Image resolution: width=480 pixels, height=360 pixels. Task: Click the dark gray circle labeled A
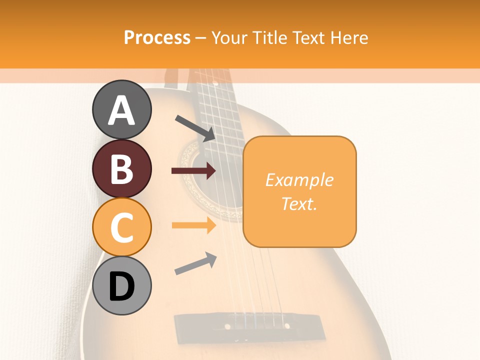tap(122, 110)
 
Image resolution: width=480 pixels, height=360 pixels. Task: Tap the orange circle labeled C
tap(122, 227)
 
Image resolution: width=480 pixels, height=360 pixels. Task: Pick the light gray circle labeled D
tap(122, 285)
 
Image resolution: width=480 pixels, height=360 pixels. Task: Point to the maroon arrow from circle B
tap(193, 171)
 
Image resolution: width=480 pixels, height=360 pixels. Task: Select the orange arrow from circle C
tap(193, 226)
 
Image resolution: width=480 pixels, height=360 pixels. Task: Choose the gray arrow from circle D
tap(195, 263)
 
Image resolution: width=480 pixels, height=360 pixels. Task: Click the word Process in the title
tap(157, 37)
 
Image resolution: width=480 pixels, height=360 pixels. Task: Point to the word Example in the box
tap(299, 180)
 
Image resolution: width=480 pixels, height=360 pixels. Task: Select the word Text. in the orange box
tap(299, 203)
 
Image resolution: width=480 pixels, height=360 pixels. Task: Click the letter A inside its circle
tap(122, 110)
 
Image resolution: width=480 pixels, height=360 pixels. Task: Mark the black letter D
tap(122, 287)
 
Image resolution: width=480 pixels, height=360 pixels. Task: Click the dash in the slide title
tap(201, 37)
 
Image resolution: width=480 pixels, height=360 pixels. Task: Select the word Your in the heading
tap(230, 37)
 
